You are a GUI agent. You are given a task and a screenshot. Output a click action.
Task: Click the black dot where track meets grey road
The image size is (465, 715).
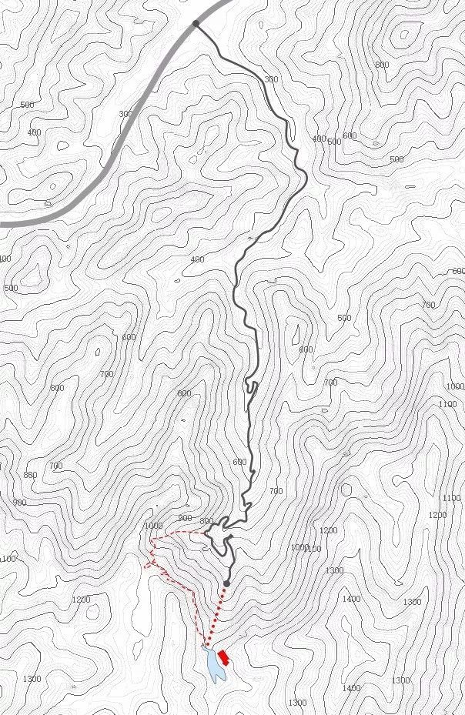pyautogui.click(x=196, y=24)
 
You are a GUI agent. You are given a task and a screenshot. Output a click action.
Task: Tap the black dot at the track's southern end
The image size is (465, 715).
pyautogui.click(x=227, y=583)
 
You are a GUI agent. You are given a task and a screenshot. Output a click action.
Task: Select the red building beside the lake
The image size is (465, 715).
pyautogui.click(x=224, y=656)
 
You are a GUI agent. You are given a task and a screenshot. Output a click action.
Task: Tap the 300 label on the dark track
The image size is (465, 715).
pyautogui.click(x=271, y=79)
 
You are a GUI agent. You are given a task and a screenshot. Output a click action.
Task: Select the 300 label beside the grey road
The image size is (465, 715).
pyautogui.click(x=125, y=114)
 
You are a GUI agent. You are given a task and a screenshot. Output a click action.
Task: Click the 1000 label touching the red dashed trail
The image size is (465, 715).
pyautogui.click(x=153, y=526)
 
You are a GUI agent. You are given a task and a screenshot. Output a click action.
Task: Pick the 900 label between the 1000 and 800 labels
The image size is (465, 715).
pyautogui.click(x=185, y=518)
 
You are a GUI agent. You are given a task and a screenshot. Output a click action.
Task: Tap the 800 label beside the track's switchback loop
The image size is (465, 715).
pyautogui.click(x=206, y=521)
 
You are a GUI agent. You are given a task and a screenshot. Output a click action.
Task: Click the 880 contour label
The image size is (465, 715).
pyautogui.click(x=30, y=475)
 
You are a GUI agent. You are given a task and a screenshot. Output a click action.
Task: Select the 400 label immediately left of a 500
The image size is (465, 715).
pyautogui.click(x=319, y=139)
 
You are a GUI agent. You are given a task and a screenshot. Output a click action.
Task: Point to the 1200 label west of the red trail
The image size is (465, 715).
pyautogui.click(x=81, y=599)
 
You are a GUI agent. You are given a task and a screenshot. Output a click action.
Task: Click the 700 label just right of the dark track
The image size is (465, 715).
pyautogui.click(x=276, y=491)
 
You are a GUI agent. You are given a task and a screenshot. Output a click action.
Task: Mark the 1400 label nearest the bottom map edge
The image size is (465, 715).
pyautogui.click(x=350, y=688)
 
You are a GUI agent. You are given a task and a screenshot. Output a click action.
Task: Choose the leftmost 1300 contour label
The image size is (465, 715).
pyautogui.click(x=32, y=678)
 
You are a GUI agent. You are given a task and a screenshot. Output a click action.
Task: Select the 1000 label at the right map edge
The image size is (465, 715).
pyautogui.click(x=455, y=386)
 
